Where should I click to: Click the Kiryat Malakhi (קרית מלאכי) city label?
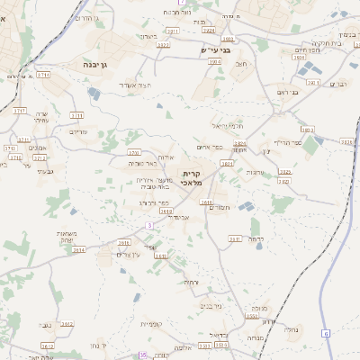pos(191,178)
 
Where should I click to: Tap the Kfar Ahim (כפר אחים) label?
pos(208,147)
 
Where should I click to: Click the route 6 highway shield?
pos(327,334)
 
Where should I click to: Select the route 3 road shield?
pos(150,224)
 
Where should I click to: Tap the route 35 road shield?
pos(142,355)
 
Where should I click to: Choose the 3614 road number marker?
pos(79,249)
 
